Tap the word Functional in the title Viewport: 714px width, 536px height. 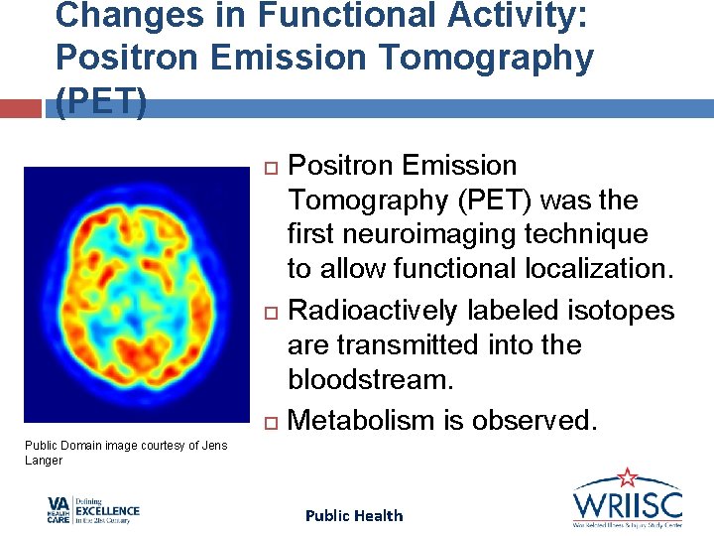click(312, 16)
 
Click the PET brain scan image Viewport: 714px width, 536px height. click(136, 295)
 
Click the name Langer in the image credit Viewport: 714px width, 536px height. click(43, 461)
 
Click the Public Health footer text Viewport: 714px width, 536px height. click(354, 515)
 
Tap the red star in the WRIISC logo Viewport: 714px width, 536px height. click(627, 477)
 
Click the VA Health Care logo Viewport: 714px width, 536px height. click(93, 510)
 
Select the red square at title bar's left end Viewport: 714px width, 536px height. click(22, 108)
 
